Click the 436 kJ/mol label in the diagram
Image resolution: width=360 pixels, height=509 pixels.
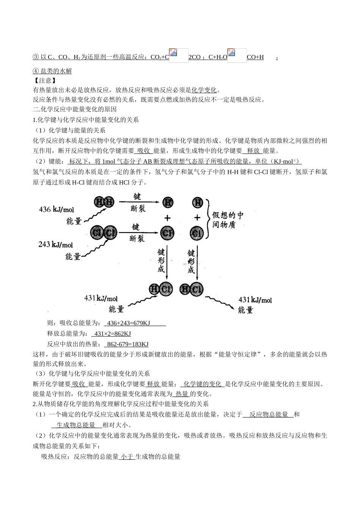click(56, 209)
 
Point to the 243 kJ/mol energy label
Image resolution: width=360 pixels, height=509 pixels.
click(55, 245)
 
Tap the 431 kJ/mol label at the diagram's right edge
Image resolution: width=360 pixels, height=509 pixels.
click(255, 300)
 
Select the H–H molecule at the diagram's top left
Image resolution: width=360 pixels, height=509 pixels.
click(103, 202)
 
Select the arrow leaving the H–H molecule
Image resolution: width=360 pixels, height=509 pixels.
click(137, 202)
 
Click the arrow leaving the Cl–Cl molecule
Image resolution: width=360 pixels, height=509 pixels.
click(137, 232)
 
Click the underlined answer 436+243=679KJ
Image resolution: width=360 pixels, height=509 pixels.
click(129, 323)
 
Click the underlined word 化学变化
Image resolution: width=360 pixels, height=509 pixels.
click(204, 90)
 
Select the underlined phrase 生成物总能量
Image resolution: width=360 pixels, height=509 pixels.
click(76, 425)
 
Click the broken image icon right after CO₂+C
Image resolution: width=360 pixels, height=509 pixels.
click(178, 55)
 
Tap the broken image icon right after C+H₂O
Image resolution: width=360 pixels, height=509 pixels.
click(237, 55)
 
